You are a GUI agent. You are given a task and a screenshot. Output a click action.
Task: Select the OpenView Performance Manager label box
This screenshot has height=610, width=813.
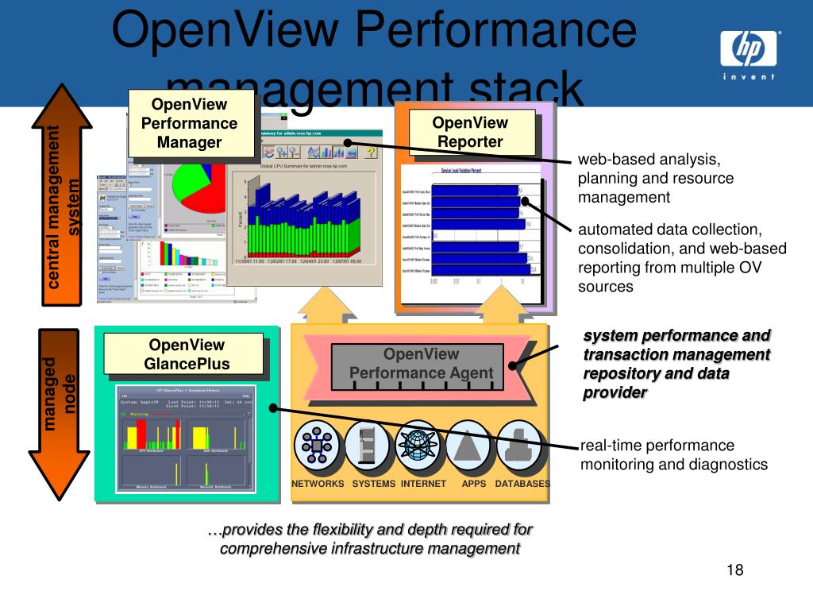pos(189,123)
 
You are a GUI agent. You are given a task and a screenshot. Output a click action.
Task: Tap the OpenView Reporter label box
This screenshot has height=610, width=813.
pos(470,132)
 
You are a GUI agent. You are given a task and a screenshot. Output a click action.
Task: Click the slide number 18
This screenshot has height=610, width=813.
pos(734,570)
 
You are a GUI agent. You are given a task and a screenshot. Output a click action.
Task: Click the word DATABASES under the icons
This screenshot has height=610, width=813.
pos(522,484)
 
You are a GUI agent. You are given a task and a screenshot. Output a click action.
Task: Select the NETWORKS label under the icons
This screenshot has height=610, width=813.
pos(318,484)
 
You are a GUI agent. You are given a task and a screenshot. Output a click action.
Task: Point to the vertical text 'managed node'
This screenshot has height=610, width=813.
pos(60,393)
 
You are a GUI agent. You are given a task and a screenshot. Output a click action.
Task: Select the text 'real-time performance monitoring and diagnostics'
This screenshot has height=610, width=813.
pos(674,454)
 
